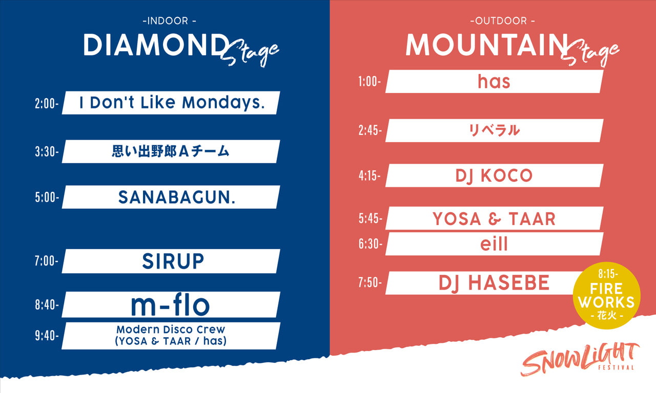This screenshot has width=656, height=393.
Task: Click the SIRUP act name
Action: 173,261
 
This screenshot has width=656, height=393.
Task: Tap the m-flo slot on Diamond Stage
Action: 171,305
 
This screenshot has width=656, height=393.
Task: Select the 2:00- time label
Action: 47,103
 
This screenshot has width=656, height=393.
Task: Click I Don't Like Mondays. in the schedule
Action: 172,103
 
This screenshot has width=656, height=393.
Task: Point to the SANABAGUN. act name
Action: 177,197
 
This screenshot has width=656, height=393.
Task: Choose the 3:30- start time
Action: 47,152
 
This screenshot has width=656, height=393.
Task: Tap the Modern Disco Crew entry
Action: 171,335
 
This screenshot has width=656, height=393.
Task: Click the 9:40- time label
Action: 47,336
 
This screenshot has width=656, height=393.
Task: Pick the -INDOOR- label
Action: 169,21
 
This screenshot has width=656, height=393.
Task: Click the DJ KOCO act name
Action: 494,176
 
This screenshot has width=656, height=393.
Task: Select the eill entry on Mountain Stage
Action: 494,244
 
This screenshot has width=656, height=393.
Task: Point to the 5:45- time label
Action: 371,219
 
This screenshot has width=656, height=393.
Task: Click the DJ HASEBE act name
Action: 494,283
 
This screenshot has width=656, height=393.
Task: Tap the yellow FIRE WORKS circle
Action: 606,295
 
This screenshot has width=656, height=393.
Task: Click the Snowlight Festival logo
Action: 579,360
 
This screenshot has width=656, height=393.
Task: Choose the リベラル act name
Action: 494,130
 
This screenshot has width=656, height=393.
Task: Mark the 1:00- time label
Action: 370,81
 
